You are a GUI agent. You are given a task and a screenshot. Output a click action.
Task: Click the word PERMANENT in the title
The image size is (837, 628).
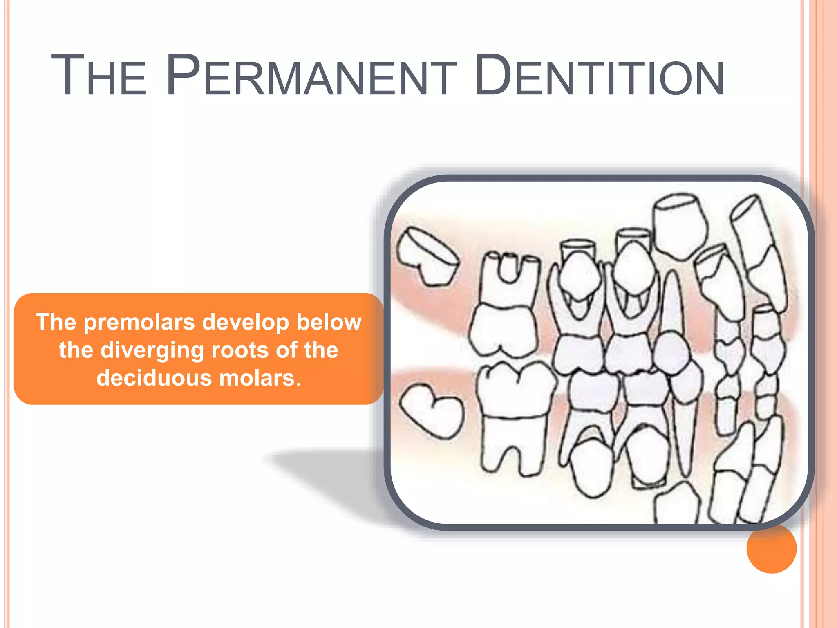pos(311,76)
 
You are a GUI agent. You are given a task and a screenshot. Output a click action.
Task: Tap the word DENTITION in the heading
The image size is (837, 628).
pos(599,76)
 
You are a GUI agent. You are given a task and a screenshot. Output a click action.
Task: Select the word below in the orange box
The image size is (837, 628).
pos(329,322)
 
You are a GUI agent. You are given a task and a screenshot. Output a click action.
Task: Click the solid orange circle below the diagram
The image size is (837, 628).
pos(771,549)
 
